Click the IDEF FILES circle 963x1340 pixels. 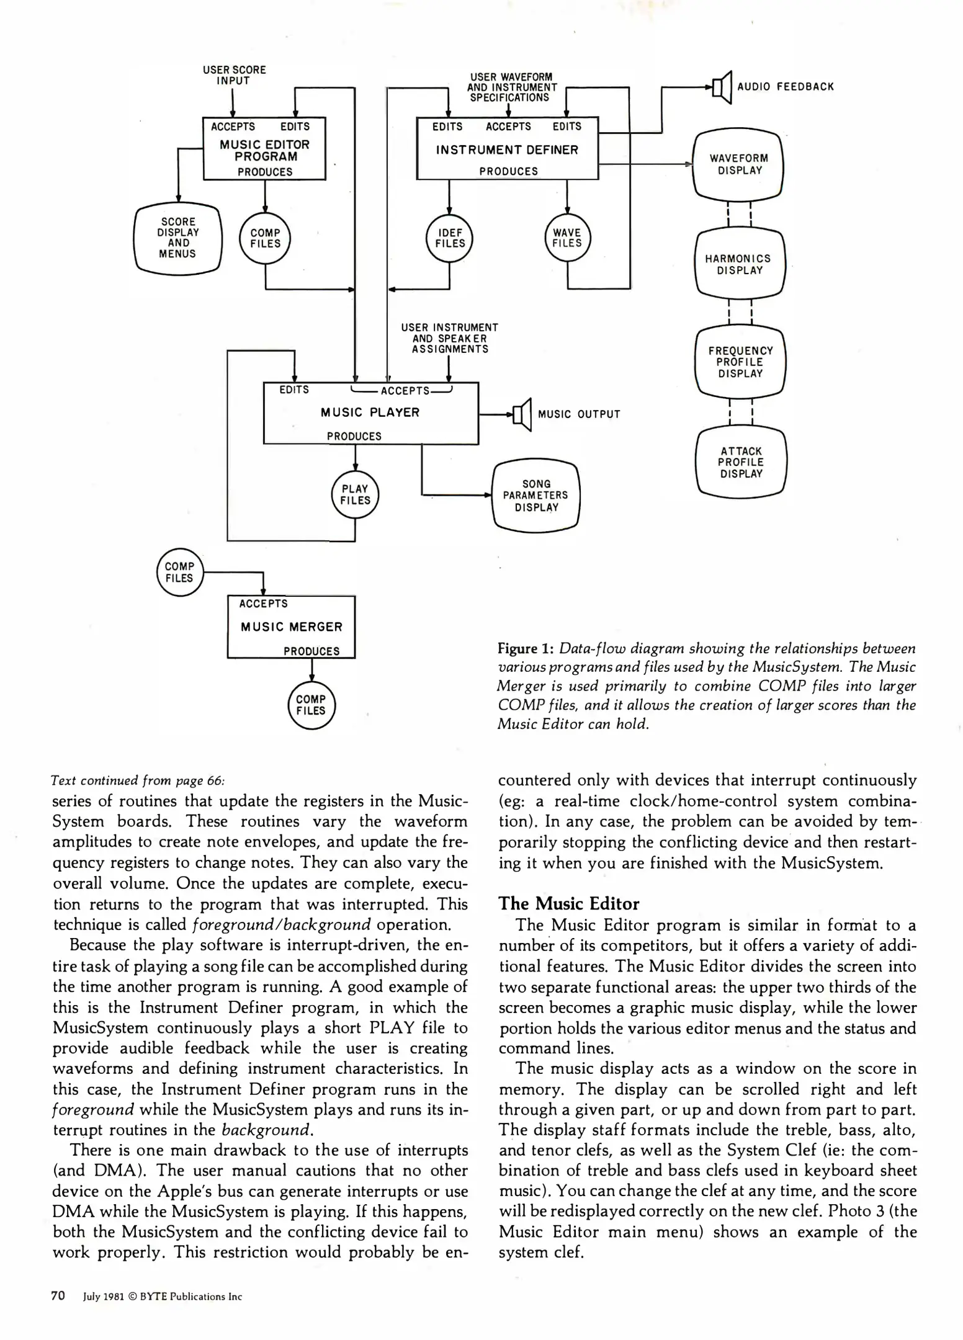pos(450,238)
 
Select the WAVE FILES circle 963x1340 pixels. pos(567,238)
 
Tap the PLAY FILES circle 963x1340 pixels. pos(355,494)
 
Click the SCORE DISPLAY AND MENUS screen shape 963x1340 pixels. pos(178,238)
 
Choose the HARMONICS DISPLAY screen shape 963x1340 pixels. pos(740,264)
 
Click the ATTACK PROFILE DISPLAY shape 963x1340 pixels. pos(741,462)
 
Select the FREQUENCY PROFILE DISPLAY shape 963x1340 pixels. pos(740,362)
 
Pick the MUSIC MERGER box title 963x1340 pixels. pos(292,627)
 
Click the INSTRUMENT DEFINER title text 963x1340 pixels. pos(507,150)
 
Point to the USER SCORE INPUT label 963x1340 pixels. pos(234,75)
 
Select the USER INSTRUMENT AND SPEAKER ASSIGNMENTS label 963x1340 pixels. pos(449,338)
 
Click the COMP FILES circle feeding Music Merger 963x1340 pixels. pos(179,572)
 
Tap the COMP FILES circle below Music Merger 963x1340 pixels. pos(311,705)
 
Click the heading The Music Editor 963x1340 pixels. pos(568,903)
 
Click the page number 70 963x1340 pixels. pos(58,1295)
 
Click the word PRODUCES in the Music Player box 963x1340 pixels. pos(354,436)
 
